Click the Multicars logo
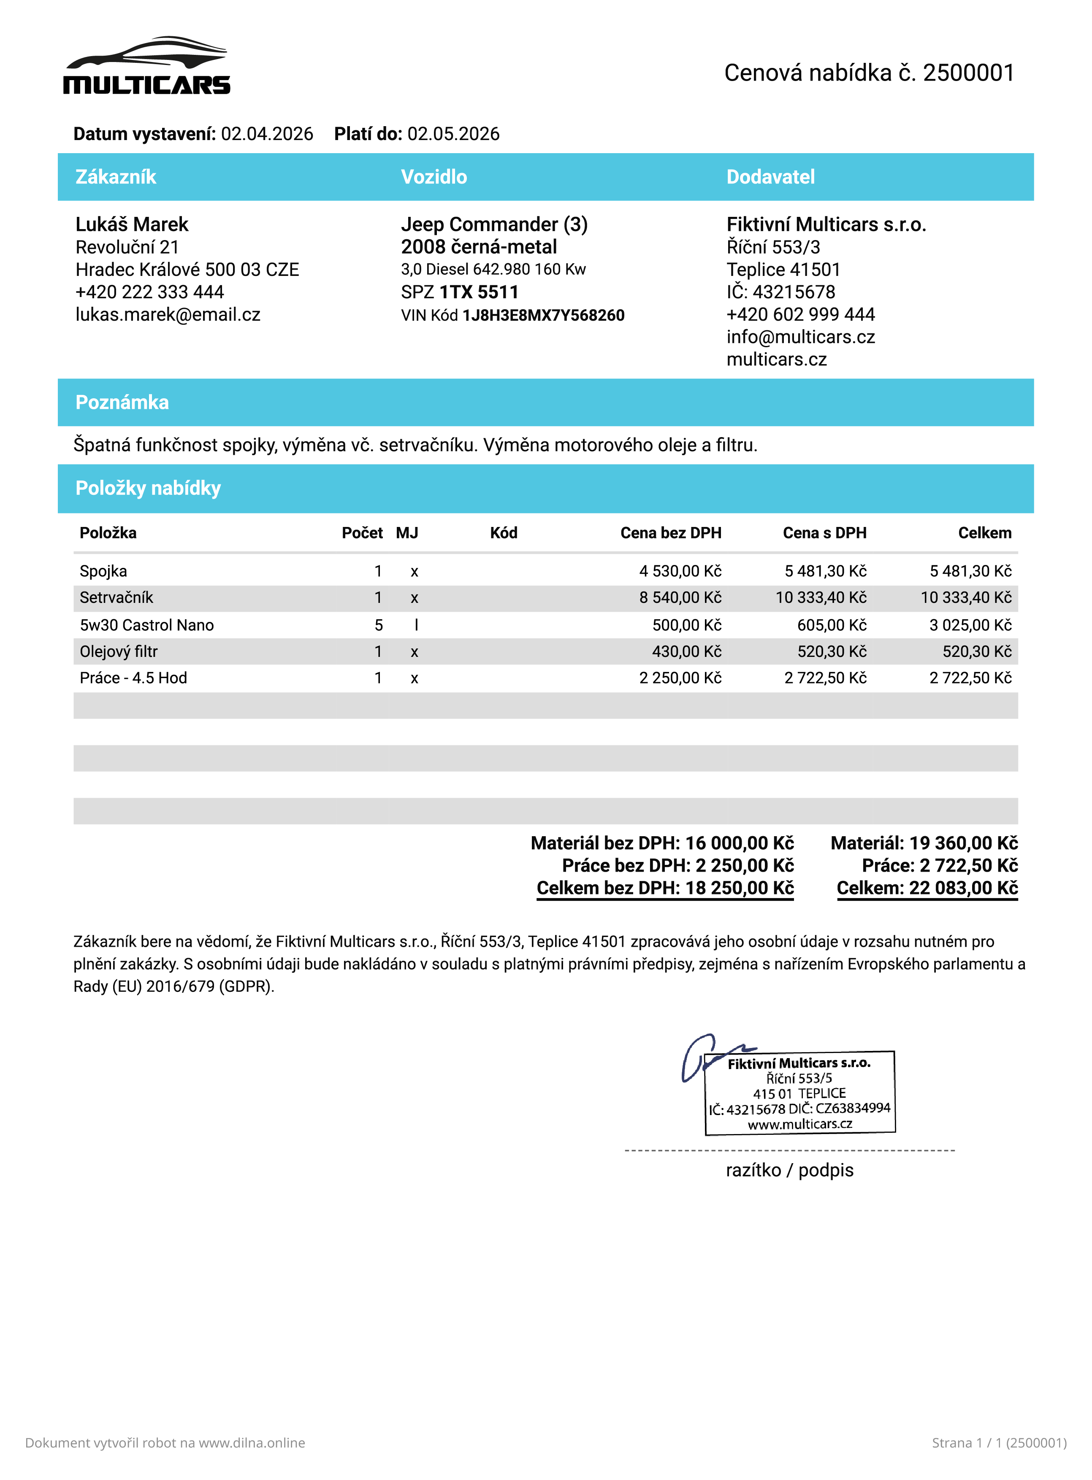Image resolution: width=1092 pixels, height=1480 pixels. coord(147,66)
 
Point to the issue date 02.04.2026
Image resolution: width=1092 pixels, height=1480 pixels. coord(267,134)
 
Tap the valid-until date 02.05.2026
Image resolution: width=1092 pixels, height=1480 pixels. coord(453,134)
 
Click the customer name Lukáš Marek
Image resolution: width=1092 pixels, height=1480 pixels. coord(132,224)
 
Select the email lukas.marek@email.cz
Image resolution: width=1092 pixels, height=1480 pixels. coord(168,314)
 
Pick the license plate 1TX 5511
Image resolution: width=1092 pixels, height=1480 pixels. coord(479,292)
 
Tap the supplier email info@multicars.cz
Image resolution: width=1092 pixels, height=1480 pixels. coord(800,337)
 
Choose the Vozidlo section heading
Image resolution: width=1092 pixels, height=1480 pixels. coord(434,177)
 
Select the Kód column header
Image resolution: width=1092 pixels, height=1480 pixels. coord(504,533)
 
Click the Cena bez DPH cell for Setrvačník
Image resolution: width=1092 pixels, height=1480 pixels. coord(680,598)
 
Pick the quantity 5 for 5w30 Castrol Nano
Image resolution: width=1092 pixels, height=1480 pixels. coord(379,625)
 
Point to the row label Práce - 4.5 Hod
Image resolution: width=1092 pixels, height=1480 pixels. coord(133,678)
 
